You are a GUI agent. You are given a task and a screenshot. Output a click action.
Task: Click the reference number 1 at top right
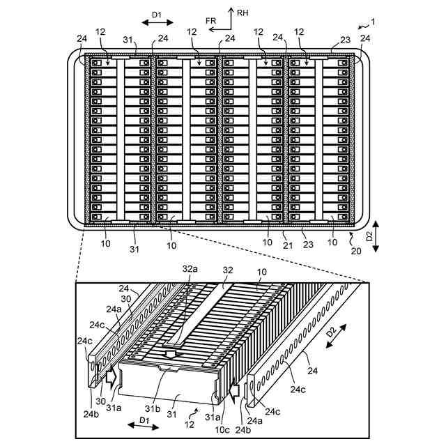point(373,22)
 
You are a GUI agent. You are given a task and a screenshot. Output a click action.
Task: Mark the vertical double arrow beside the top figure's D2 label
point(376,237)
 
